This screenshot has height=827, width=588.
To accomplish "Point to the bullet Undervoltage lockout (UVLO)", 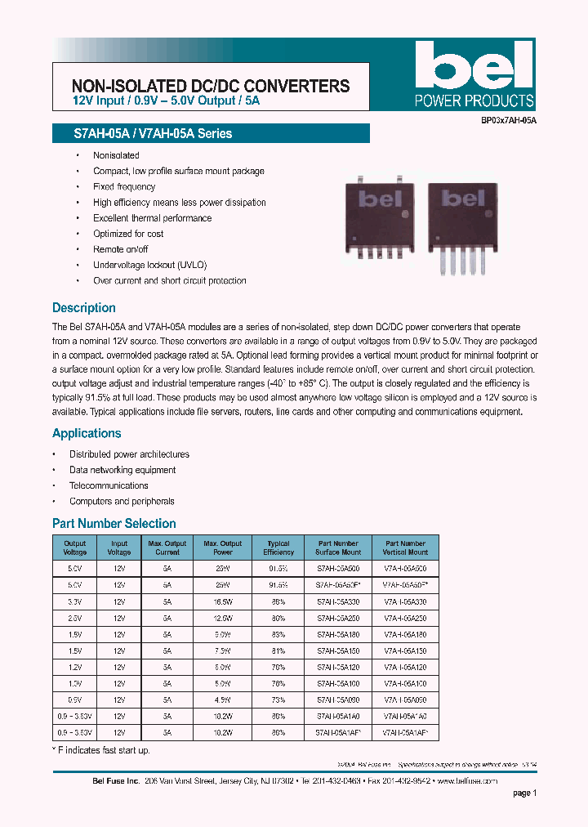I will pyautogui.click(x=150, y=265).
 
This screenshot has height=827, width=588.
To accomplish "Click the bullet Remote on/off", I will pyautogui.click(x=121, y=249).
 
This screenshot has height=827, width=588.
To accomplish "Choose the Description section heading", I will pyautogui.click(x=84, y=308).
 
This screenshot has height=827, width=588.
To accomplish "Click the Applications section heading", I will pyautogui.click(x=87, y=433).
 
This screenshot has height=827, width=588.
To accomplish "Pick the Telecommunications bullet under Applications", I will pyautogui.click(x=109, y=485).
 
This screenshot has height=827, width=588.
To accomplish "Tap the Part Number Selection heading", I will pyautogui.click(x=114, y=523).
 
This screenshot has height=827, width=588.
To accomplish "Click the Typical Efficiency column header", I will pyautogui.click(x=278, y=548).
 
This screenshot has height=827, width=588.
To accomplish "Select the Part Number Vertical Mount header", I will pyautogui.click(x=405, y=548).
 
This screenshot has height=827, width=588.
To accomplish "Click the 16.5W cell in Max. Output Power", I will pyautogui.click(x=222, y=601).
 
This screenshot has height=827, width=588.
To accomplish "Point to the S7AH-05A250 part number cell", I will pyautogui.click(x=338, y=617).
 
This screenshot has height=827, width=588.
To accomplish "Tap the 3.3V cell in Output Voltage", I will pyautogui.click(x=74, y=601).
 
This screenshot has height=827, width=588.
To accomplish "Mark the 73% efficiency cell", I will pyautogui.click(x=278, y=700).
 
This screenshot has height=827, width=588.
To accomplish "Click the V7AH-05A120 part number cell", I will pyautogui.click(x=405, y=667).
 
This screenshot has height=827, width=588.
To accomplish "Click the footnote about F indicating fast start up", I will pyautogui.click(x=101, y=750).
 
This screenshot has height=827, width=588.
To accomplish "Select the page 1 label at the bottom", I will pyautogui.click(x=524, y=793).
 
